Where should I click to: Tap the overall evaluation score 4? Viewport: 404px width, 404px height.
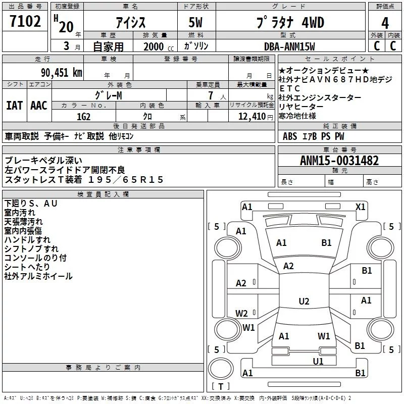(385, 23)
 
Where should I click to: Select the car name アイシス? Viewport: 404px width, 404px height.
(130, 23)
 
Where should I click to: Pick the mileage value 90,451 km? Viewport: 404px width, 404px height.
(62, 72)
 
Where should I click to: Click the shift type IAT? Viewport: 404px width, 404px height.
(14, 106)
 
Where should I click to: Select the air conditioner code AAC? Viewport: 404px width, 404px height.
(38, 106)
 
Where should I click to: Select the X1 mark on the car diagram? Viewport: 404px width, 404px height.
(361, 207)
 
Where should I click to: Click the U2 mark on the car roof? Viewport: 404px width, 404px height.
(304, 301)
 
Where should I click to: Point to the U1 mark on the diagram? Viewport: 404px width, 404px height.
(318, 361)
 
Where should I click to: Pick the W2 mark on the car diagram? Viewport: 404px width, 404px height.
(241, 313)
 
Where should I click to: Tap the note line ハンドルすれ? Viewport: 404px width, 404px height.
(27, 240)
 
